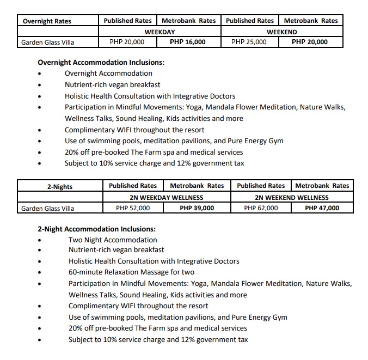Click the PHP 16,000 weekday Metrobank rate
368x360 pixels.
[187, 41]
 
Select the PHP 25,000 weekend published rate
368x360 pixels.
[249, 41]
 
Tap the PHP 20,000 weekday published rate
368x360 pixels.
[127, 41]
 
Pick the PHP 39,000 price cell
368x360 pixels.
[196, 208]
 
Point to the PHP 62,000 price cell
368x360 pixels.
[261, 208]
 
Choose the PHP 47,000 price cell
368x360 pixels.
[322, 208]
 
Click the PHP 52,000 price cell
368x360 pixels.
[133, 208]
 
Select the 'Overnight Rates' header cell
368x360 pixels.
[47, 21]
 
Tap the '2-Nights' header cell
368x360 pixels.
[60, 187]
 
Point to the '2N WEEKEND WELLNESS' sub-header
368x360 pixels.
[291, 197]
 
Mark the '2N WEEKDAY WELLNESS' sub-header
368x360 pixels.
[166, 197]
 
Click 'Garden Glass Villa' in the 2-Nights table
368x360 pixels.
[47, 208]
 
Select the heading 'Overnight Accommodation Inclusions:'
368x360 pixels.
[101, 62]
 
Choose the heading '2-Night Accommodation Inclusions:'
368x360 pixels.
[96, 229]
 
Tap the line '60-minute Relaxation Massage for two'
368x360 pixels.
[131, 272]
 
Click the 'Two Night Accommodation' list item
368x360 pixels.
[113, 240]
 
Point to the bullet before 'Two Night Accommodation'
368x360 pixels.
[40, 240]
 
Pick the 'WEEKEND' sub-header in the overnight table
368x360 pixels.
[281, 32]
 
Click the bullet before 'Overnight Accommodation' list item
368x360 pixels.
[40, 74]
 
